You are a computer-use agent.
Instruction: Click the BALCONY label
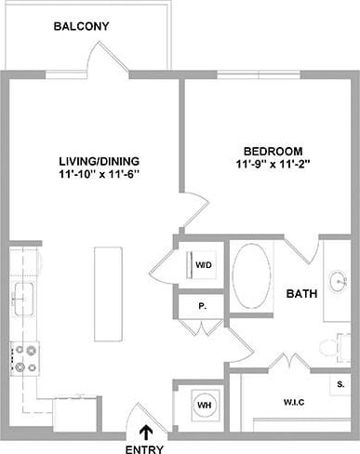pyautogui.click(x=81, y=26)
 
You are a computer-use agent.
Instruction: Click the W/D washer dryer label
pyautogui.click(x=203, y=265)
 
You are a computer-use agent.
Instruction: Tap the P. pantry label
pyautogui.click(x=202, y=305)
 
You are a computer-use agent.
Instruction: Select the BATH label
pyautogui.click(x=301, y=293)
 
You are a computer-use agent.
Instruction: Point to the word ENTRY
pyautogui.click(x=146, y=448)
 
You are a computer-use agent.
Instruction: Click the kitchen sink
pyautogui.click(x=23, y=299)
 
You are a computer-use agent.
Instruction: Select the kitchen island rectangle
pyautogui.click(x=108, y=293)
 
